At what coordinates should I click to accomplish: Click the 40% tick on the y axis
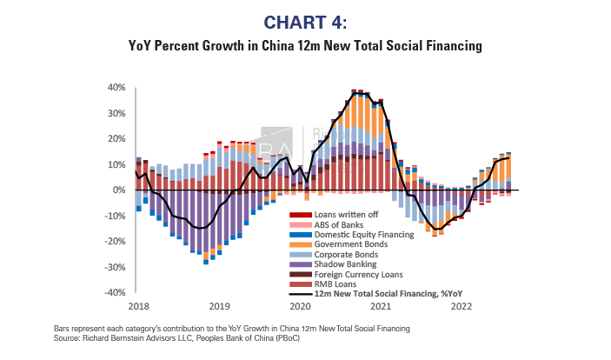point(116,88)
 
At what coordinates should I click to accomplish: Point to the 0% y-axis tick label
point(120,190)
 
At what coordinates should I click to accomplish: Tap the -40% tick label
point(116,292)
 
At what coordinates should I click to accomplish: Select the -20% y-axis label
point(116,241)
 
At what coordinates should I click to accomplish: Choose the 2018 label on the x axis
point(138,306)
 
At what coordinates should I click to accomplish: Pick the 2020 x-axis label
point(300,306)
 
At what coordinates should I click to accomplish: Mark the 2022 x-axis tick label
point(462,306)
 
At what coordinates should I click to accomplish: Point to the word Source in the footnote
point(64,335)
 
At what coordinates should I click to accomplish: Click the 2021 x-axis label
point(381,306)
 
